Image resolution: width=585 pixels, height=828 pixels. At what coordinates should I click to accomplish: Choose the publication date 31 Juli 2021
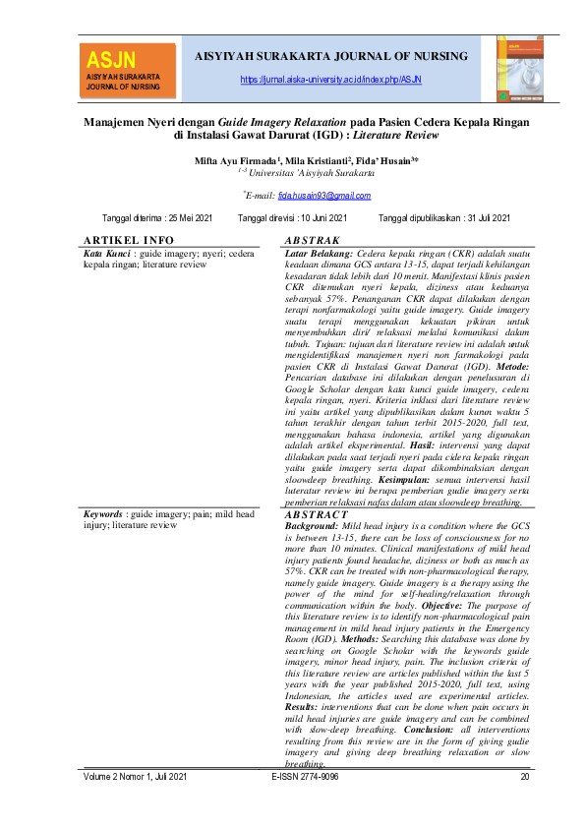[x=476, y=217]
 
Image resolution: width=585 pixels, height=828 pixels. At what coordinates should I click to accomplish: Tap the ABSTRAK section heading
[x=311, y=241]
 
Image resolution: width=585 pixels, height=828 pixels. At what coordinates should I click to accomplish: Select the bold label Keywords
[x=103, y=514]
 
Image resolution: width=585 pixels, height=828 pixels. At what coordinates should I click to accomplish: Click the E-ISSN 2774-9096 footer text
[x=305, y=777]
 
